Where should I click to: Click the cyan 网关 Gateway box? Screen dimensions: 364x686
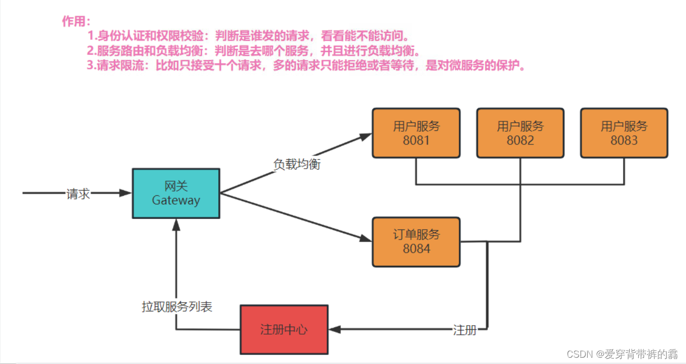176,193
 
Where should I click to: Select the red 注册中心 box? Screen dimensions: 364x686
284,329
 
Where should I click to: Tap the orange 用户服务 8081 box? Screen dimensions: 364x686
416,133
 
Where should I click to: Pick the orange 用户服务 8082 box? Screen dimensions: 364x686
520,133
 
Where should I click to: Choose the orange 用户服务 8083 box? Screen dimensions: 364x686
624,133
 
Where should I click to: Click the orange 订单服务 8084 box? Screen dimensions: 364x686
416,242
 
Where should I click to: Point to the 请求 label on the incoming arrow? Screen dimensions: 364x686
78,193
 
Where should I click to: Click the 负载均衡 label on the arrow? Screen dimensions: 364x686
297,164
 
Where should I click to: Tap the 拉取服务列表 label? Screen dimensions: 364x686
177,307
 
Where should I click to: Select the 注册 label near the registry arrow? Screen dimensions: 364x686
465,330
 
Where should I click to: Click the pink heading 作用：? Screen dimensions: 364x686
77,22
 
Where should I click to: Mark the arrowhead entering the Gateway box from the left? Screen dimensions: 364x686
126,193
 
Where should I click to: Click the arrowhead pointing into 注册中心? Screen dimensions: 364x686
335,329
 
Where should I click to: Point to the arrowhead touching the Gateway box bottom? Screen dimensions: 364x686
176,225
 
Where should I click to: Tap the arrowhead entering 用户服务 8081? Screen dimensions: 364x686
366,136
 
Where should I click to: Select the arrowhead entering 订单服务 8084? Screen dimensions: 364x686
366,238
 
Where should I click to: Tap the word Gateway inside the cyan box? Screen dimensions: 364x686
176,200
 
